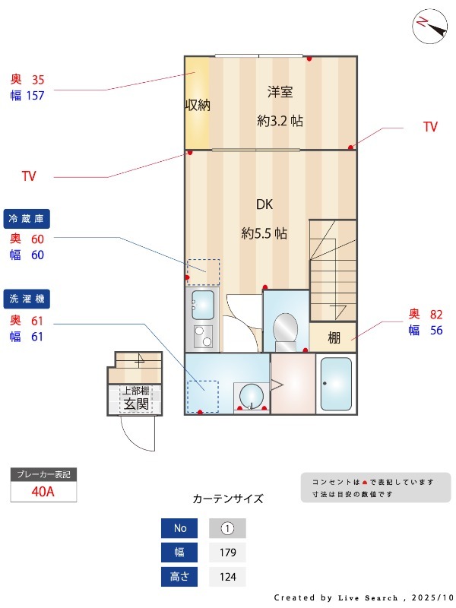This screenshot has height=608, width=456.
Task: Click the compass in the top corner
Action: [429, 26]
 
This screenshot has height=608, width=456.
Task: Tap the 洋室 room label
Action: [280, 92]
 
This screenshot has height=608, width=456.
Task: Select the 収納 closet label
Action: [198, 105]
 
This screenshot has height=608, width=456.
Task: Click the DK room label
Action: [264, 204]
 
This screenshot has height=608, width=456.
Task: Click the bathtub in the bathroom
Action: [336, 384]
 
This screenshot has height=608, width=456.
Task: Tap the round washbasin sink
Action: [252, 396]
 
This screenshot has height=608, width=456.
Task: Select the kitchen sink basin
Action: [203, 305]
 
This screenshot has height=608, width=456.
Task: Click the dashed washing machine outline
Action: [203, 396]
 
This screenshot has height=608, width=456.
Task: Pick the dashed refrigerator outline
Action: [203, 272]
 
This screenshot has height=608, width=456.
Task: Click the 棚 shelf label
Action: [334, 337]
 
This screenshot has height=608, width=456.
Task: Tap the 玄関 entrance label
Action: [136, 404]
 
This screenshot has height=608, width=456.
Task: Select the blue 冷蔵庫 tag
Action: [27, 219]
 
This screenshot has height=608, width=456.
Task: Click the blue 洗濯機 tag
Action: [27, 299]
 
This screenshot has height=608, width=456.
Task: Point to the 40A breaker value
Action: [43, 492]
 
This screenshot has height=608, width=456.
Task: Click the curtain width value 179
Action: [227, 553]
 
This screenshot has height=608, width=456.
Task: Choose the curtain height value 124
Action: [227, 577]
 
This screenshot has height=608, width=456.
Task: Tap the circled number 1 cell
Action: [227, 528]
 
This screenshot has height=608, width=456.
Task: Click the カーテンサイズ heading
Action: [228, 499]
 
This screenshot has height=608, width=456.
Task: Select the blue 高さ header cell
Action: [179, 577]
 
